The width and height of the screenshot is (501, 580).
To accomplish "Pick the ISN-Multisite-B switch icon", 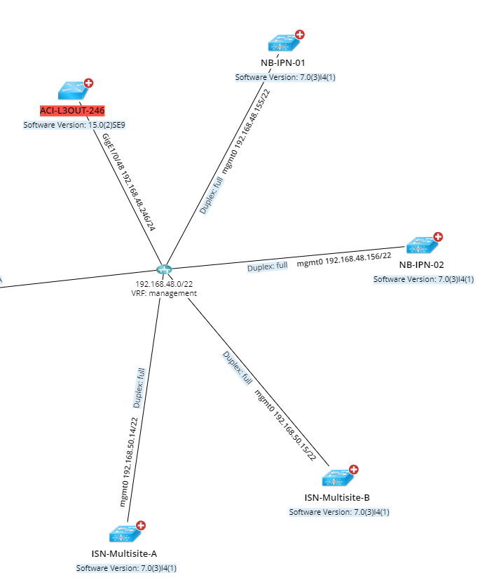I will click(337, 479).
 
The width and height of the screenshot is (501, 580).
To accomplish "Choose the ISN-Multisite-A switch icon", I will click(124, 534).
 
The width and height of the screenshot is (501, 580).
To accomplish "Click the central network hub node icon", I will click(164, 270).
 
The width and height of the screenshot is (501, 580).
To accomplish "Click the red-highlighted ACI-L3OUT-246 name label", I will click(72, 111).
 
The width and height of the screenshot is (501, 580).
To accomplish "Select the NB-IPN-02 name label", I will click(422, 264).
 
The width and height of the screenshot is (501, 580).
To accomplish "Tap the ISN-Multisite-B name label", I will click(338, 498).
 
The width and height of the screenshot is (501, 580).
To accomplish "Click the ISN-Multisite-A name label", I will click(124, 554).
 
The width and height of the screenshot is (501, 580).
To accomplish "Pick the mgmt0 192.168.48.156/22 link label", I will click(343, 259).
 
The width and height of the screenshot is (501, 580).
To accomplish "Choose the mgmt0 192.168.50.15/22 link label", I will click(285, 425).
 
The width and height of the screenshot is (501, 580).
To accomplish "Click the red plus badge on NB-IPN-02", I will click(438, 237).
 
